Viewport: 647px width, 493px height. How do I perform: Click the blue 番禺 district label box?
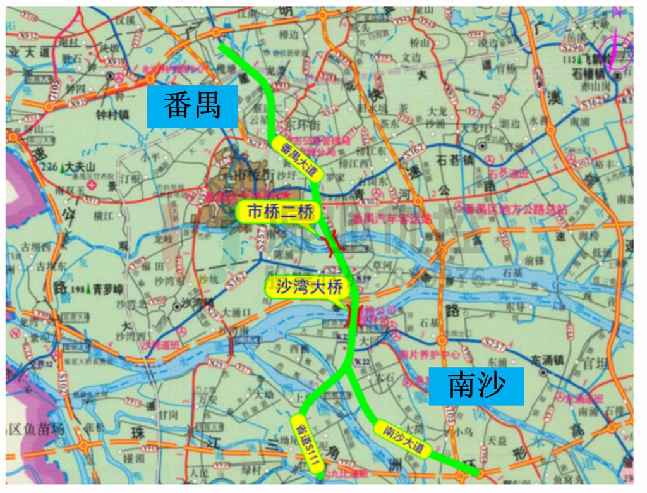tap(192, 106)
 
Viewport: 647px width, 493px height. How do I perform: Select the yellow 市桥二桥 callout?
tap(275, 212)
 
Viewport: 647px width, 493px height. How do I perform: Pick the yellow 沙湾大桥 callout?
tap(305, 288)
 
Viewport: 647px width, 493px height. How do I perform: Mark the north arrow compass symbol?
tap(617, 47)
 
